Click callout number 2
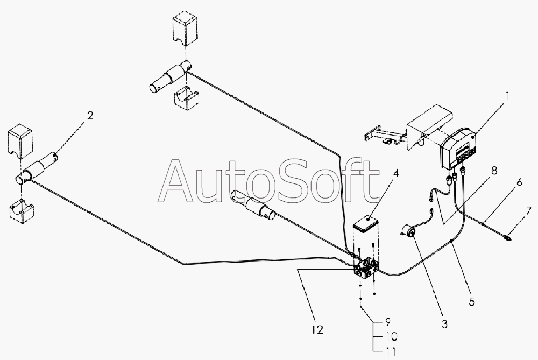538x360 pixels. (90, 115)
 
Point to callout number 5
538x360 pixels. (472, 302)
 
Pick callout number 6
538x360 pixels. (519, 183)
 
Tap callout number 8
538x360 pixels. (494, 170)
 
